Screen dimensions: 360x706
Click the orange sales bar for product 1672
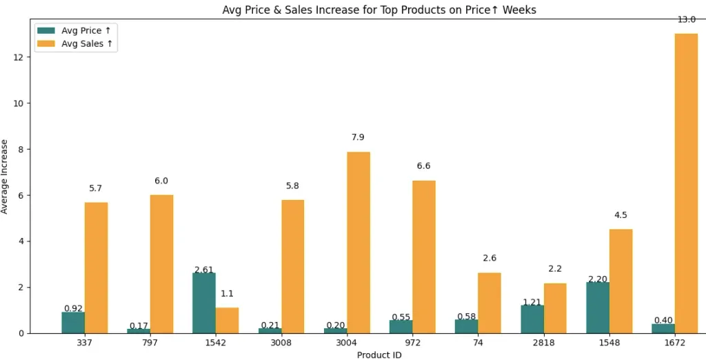pyautogui.click(x=686, y=183)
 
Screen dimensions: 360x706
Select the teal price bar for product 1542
pyautogui.click(x=204, y=303)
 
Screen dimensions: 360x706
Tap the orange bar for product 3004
pyautogui.click(x=359, y=242)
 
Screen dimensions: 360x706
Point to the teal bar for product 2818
pyautogui.click(x=532, y=319)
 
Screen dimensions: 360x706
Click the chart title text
pyautogui.click(x=379, y=10)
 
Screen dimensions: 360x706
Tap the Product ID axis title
pyautogui.click(x=379, y=354)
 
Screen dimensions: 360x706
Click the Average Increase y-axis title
pyautogui.click(x=6, y=177)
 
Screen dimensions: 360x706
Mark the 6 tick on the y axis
pyautogui.click(x=23, y=195)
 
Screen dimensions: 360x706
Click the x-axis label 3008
pyautogui.click(x=281, y=343)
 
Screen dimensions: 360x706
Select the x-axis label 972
pyautogui.click(x=412, y=343)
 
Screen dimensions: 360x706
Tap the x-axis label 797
pyautogui.click(x=150, y=343)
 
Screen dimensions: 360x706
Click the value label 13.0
pyautogui.click(x=686, y=20)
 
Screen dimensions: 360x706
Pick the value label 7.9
pyautogui.click(x=358, y=137)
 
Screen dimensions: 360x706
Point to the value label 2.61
pyautogui.click(x=204, y=270)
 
